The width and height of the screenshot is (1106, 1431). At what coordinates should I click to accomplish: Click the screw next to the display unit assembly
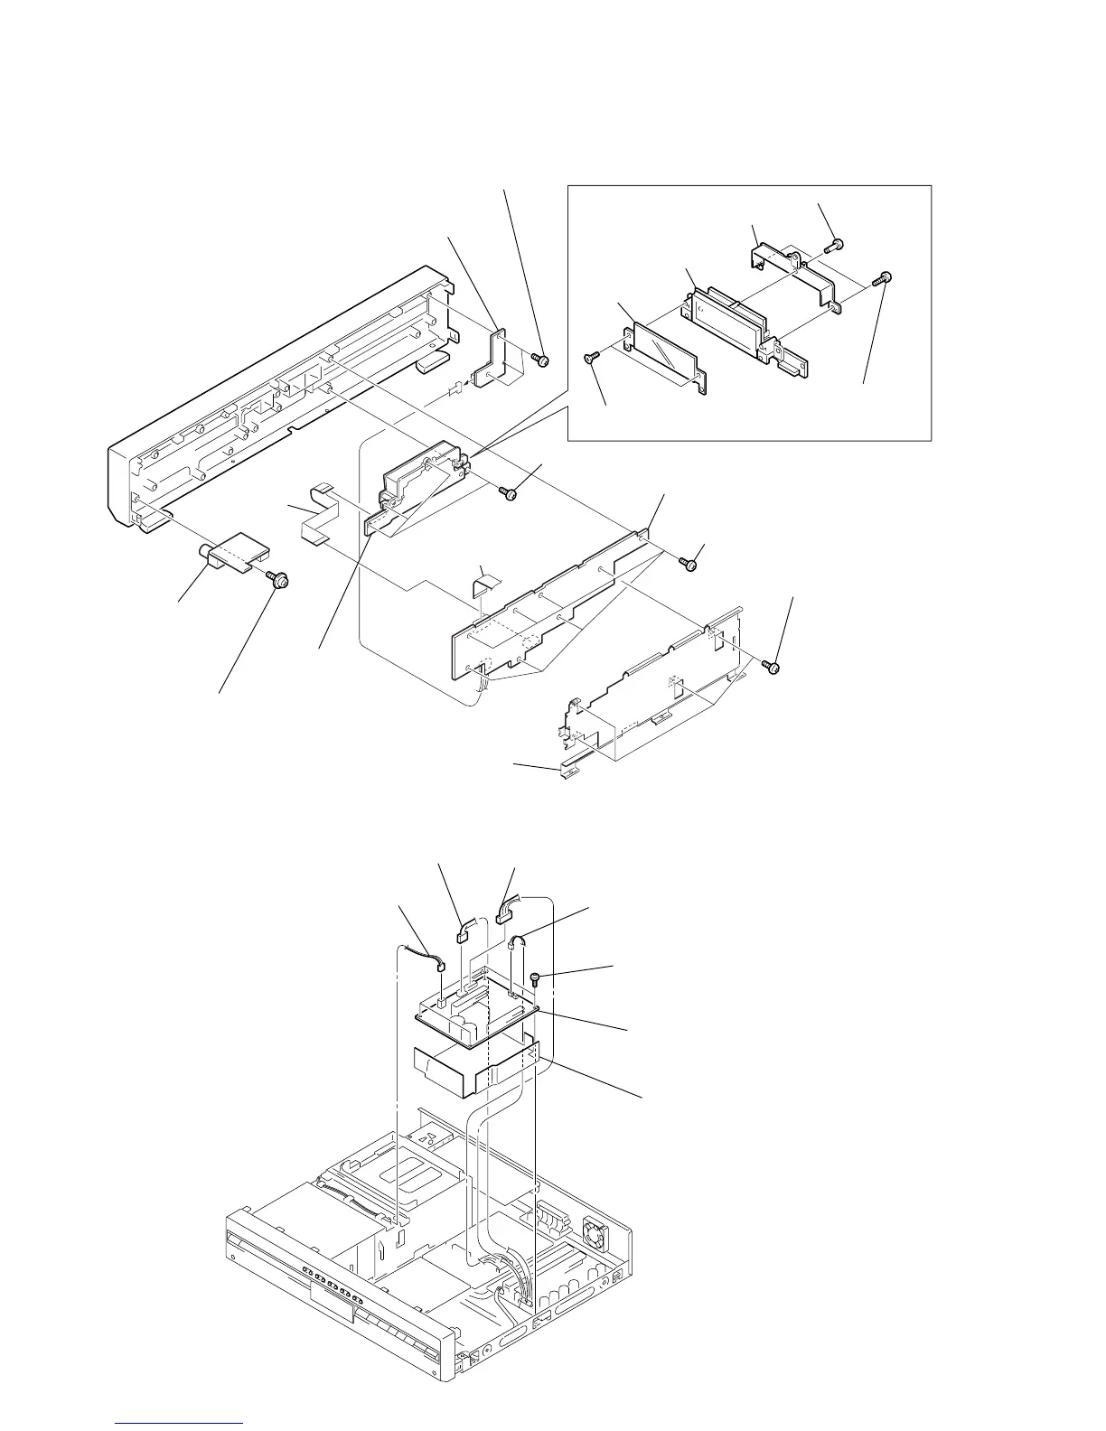tap(509, 492)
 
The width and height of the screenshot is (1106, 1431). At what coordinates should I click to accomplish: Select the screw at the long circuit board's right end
tap(690, 564)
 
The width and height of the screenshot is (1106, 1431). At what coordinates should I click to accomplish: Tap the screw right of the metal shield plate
tap(772, 667)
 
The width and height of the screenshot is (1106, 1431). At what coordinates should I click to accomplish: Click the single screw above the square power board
tap(536, 977)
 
